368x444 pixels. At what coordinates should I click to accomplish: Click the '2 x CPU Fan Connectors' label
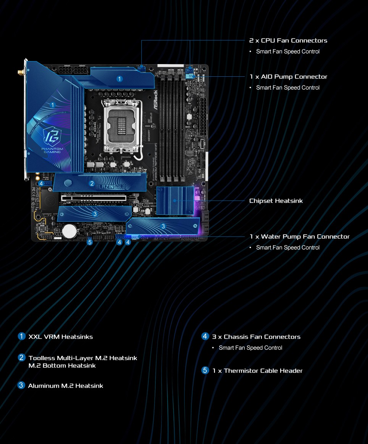[288, 40]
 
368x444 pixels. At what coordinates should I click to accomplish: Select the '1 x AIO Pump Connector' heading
[288, 77]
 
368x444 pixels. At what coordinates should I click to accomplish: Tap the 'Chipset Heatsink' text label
[276, 201]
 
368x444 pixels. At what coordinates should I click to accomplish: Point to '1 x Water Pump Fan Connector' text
[299, 236]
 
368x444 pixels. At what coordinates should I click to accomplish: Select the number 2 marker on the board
[92, 183]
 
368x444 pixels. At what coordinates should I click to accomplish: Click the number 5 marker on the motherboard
[90, 242]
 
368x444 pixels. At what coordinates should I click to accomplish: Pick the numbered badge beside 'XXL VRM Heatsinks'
[22, 336]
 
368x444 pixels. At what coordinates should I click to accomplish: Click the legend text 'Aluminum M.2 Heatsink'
[65, 386]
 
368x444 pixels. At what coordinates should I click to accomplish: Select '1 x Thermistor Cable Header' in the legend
[257, 371]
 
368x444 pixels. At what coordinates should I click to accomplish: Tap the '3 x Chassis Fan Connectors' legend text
[256, 337]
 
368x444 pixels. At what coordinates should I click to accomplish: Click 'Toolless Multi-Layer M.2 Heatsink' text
[82, 358]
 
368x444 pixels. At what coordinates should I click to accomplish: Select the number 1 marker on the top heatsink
[119, 79]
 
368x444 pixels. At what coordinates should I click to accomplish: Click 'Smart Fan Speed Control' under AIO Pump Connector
[287, 88]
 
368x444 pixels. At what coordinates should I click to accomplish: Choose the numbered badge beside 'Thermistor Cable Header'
[205, 370]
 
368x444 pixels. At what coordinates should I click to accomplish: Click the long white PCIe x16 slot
[94, 198]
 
